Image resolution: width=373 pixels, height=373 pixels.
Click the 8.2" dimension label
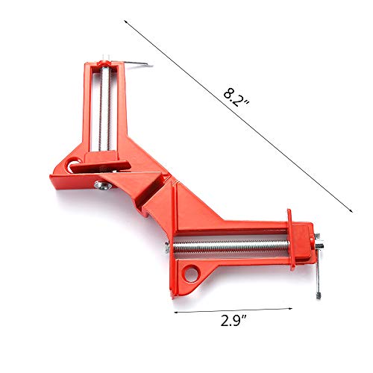[236, 98]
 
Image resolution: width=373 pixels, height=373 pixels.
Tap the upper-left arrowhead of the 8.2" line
[125, 22]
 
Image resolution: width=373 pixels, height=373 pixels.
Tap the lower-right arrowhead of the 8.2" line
[351, 210]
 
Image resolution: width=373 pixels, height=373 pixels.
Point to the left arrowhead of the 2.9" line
[176, 312]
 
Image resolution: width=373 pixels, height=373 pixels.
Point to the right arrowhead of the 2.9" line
[290, 309]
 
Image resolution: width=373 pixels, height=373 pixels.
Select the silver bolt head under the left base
[102, 186]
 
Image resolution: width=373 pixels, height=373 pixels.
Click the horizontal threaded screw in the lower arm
[231, 248]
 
